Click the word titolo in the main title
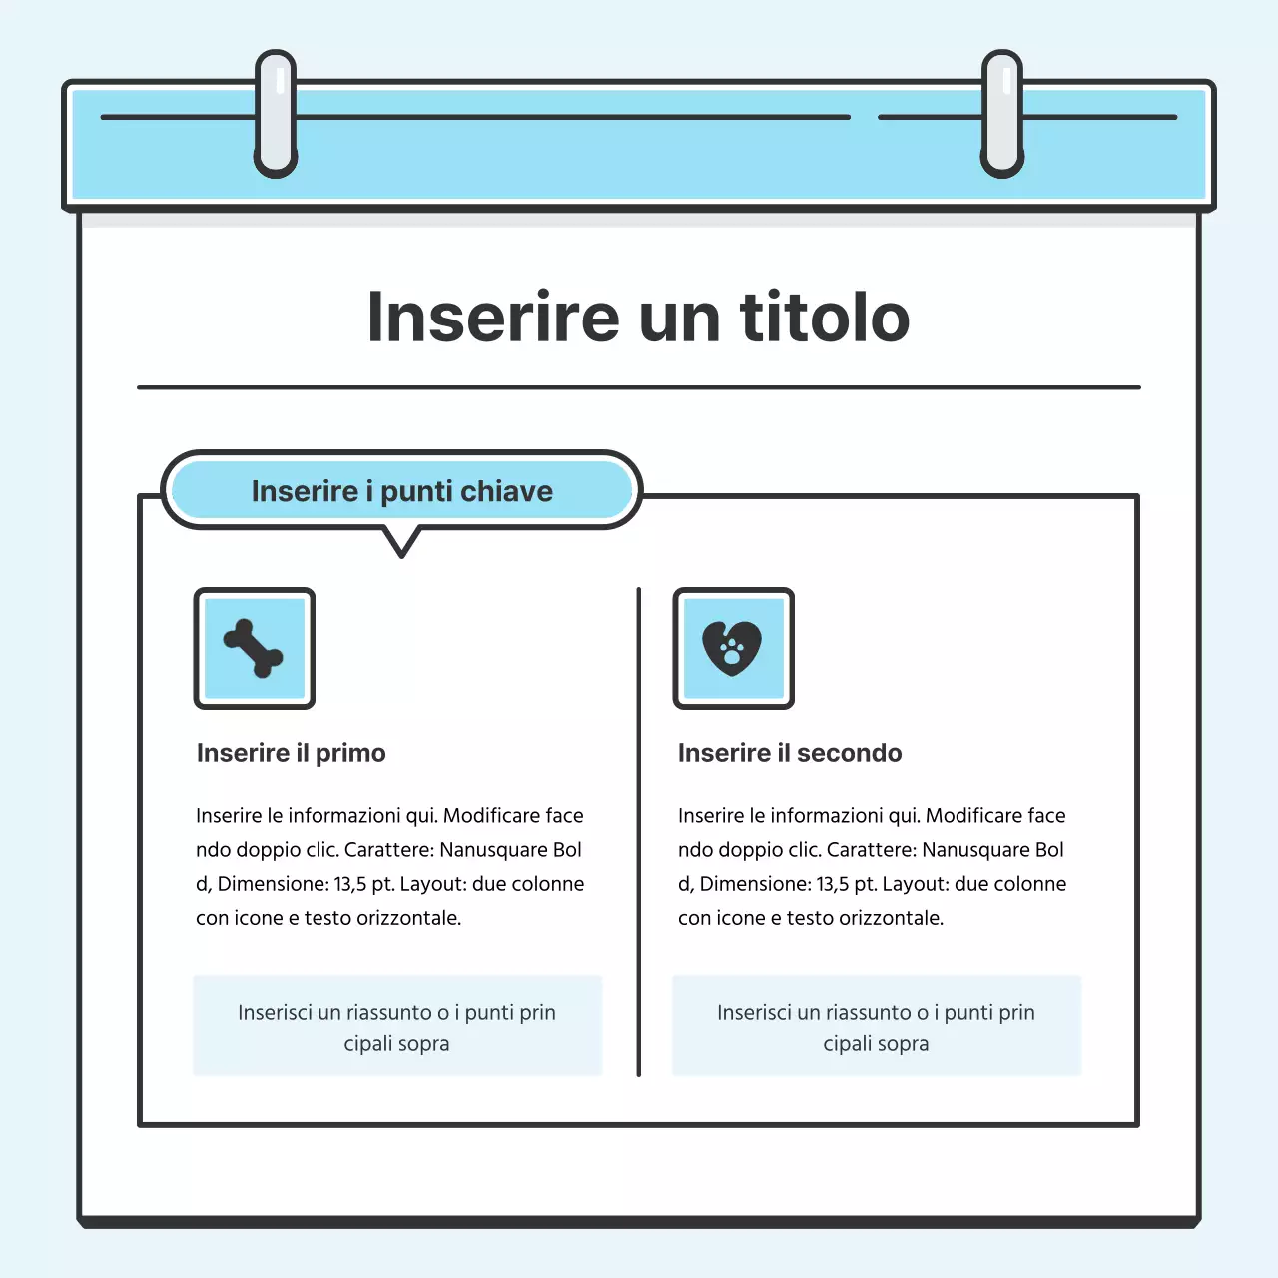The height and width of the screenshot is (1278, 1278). point(825,318)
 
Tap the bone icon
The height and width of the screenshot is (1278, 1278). point(254,649)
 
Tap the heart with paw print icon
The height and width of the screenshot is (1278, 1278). point(733,649)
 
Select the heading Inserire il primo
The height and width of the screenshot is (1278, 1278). point(291,753)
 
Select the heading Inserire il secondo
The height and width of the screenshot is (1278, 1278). point(789,753)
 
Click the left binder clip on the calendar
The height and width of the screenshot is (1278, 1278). point(276,114)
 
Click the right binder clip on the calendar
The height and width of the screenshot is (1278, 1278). point(1002,114)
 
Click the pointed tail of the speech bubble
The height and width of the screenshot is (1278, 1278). point(401,545)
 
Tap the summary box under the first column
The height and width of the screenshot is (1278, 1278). point(397,1026)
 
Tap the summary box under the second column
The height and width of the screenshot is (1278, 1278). point(877,1026)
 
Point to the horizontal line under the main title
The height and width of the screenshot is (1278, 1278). point(639,386)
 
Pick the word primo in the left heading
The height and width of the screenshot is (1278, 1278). point(350,753)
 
